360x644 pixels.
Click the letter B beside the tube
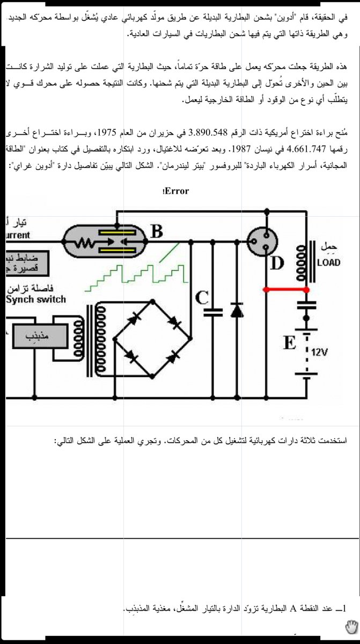tap(157, 231)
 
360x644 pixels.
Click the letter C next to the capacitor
tap(202, 298)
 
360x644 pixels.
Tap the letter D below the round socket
tap(277, 264)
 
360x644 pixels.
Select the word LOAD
tap(328, 263)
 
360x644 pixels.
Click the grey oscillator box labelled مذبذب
tap(36, 335)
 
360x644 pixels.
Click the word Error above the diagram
tap(175, 191)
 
